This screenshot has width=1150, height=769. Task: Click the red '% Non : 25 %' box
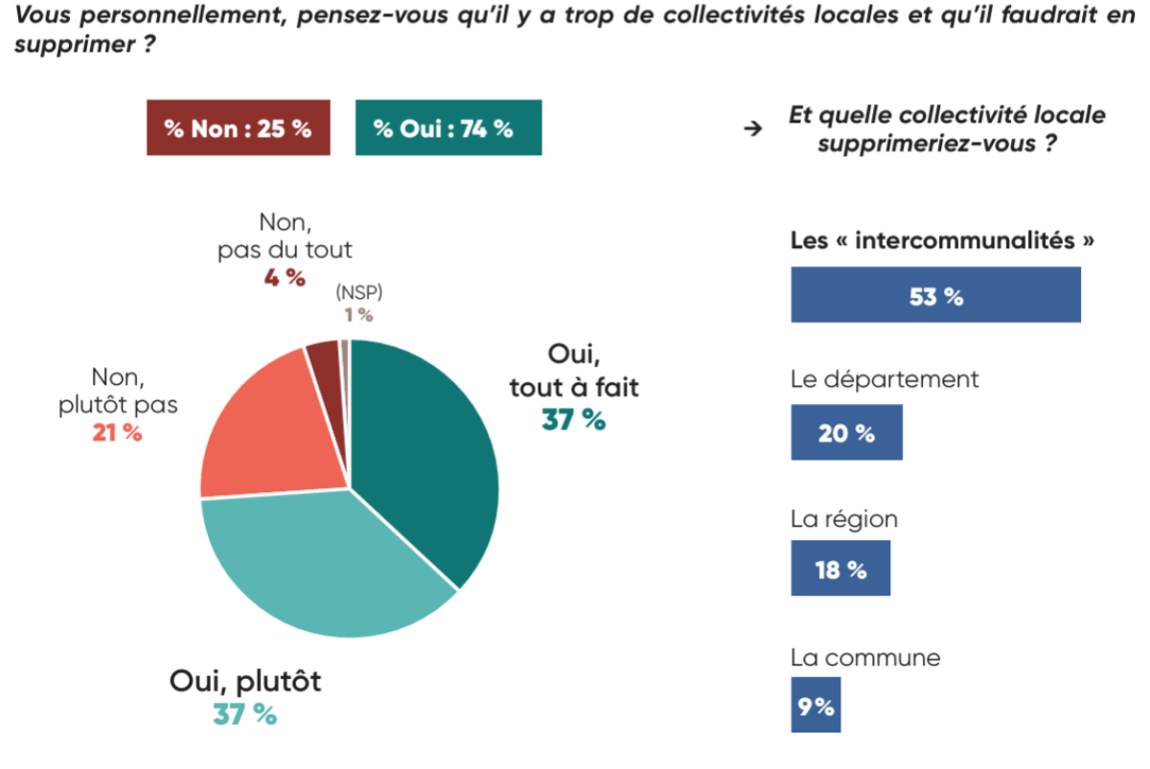click(238, 128)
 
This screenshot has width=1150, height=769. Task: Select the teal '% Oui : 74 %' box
click(448, 128)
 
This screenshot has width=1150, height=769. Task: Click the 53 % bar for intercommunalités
click(935, 295)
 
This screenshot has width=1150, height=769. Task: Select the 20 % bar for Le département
click(846, 432)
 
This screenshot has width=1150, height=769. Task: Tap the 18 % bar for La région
click(840, 569)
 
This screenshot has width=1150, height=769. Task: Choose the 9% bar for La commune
click(815, 707)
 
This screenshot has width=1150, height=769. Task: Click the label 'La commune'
click(865, 658)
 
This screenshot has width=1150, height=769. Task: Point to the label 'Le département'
click(885, 379)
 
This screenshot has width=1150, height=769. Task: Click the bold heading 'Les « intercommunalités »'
click(942, 240)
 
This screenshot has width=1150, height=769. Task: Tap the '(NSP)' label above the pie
click(357, 294)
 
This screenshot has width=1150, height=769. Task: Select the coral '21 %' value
click(117, 433)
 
